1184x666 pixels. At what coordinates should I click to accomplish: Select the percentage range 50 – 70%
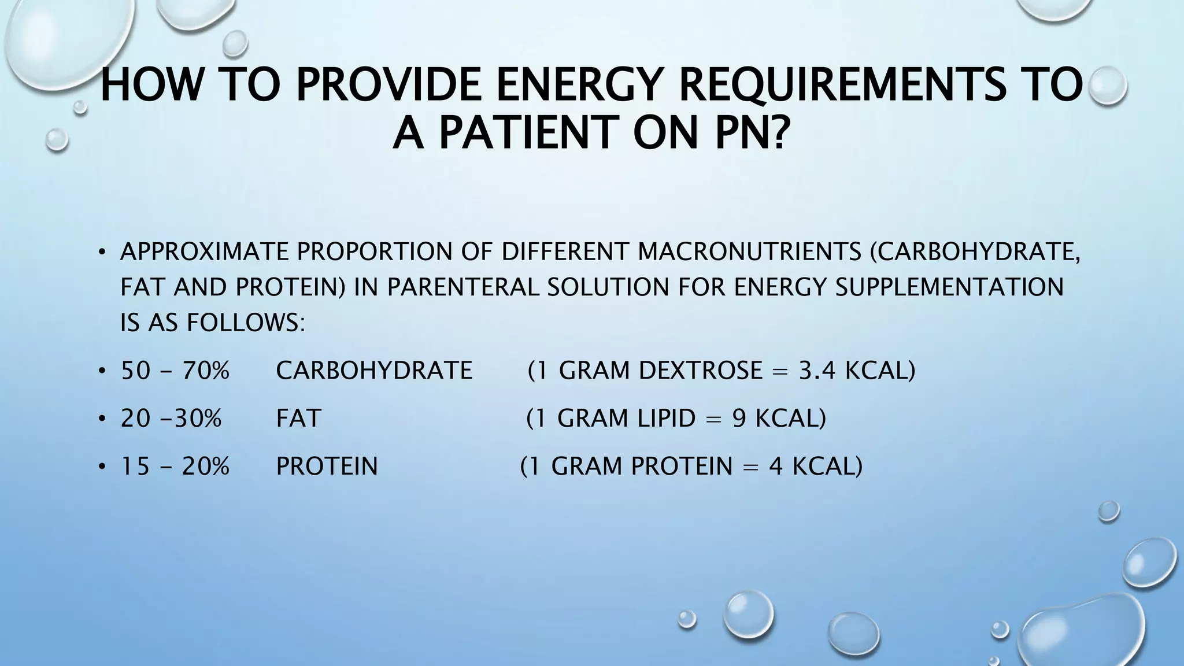tap(175, 371)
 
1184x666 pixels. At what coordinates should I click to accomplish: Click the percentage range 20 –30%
tap(171, 418)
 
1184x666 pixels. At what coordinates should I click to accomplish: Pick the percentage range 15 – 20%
tap(175, 466)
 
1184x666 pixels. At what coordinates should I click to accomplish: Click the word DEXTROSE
tap(700, 371)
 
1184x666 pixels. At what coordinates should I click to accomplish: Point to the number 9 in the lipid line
tap(739, 418)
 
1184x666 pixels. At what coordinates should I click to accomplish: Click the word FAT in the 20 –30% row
tap(298, 418)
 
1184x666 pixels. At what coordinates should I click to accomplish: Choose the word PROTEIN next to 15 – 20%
tap(327, 466)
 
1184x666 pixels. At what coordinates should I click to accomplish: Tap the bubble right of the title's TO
tap(1107, 85)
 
